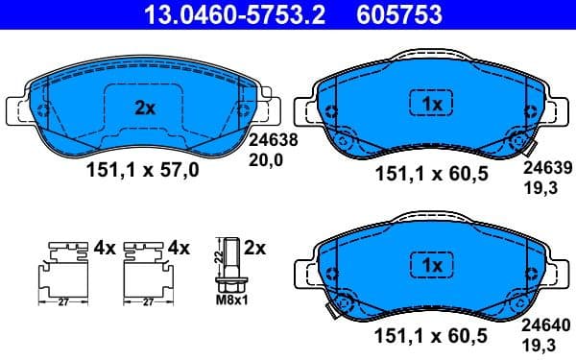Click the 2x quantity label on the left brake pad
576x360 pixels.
[x=144, y=108]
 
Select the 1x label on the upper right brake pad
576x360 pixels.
[x=431, y=102]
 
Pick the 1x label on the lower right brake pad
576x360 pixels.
[x=431, y=264]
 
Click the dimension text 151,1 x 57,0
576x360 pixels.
[x=143, y=171]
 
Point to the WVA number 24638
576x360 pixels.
[x=274, y=138]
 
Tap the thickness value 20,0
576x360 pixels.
[x=267, y=160]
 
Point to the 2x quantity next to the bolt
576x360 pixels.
[x=254, y=247]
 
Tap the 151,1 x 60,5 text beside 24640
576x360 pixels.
[x=431, y=335]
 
